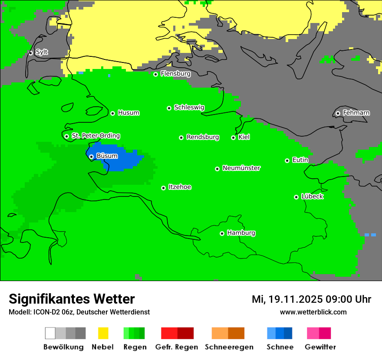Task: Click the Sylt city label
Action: (x=42, y=52)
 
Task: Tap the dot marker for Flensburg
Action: (x=155, y=74)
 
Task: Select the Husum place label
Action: (x=128, y=113)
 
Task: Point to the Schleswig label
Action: (x=189, y=107)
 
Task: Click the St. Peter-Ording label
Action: (x=95, y=136)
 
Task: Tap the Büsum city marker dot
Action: (x=91, y=157)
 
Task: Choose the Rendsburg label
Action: (x=202, y=137)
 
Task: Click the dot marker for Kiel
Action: (x=233, y=137)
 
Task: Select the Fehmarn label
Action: (x=356, y=113)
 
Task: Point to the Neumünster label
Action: (x=241, y=168)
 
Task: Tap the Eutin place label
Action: (x=300, y=160)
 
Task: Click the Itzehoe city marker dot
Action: (x=163, y=188)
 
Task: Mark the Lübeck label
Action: (x=312, y=196)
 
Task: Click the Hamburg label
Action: (x=241, y=233)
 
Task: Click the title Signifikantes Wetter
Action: (x=72, y=299)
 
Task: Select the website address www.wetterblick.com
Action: (x=313, y=312)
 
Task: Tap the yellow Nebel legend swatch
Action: (x=103, y=333)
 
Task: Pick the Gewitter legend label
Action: (x=320, y=347)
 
